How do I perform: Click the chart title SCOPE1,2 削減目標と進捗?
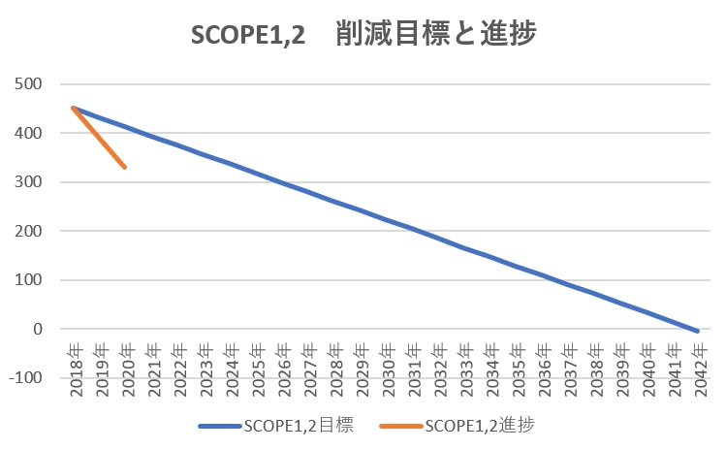(363, 35)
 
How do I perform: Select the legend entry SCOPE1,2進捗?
(480, 425)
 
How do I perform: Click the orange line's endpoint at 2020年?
(126, 168)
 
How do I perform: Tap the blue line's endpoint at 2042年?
(696, 332)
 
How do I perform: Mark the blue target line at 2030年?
(385, 218)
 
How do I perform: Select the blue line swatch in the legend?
(219, 425)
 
